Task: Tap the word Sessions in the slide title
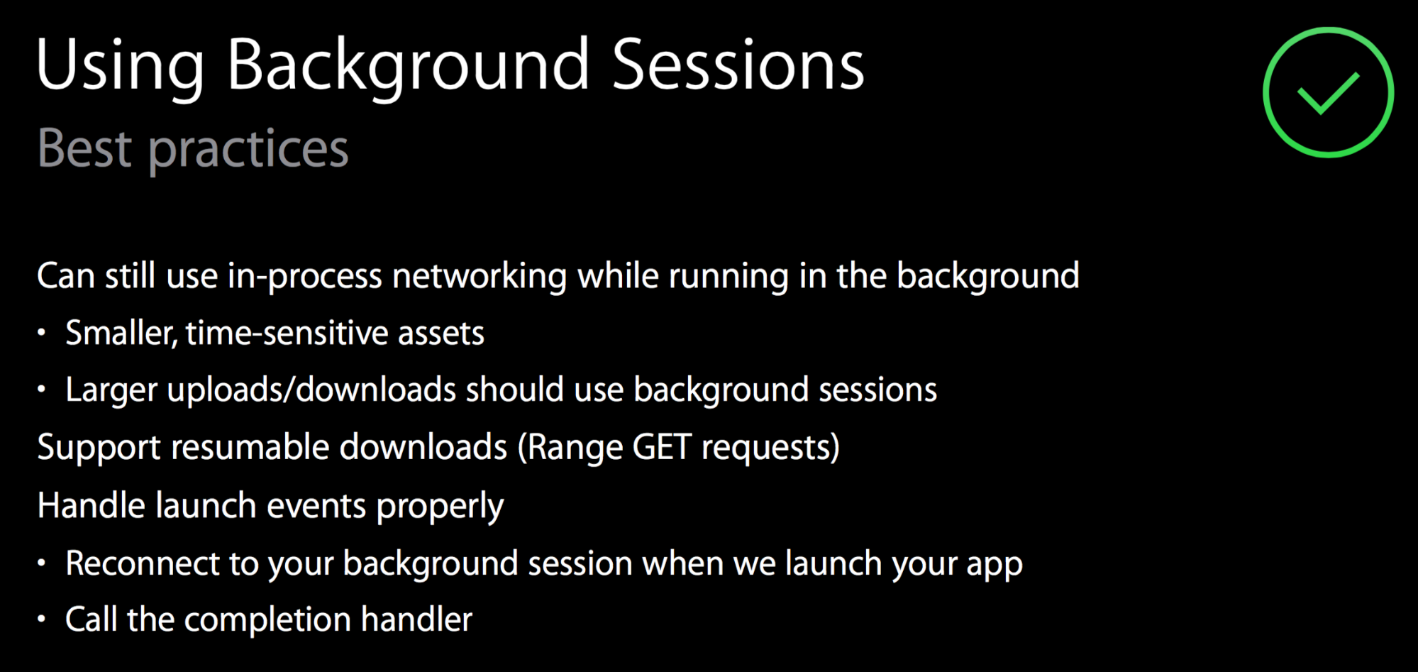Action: pos(738,65)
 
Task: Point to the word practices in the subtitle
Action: pos(248,150)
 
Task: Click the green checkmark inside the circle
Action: pos(1327,94)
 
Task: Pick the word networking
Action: pos(480,275)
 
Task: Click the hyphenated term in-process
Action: pos(304,276)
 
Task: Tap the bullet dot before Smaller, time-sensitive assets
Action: pos(42,332)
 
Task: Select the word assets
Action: pos(441,333)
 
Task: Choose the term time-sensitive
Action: pos(287,332)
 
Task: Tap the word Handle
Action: pos(92,505)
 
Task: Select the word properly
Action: pos(440,507)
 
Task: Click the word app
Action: pos(994,566)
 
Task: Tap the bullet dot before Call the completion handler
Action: pos(42,619)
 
